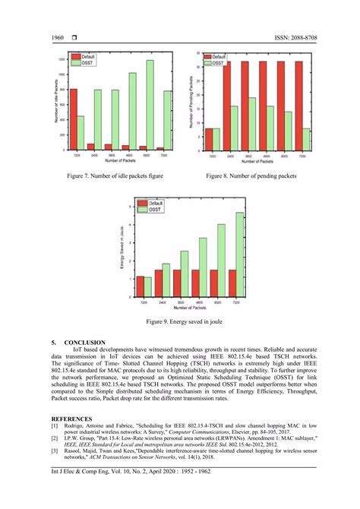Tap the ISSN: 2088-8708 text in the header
[283, 37]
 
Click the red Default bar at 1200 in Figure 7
[74, 119]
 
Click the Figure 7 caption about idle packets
[109, 176]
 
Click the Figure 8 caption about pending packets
[251, 176]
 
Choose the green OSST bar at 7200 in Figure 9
[239, 254]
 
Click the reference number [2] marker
[55, 438]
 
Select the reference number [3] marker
[55, 452]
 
